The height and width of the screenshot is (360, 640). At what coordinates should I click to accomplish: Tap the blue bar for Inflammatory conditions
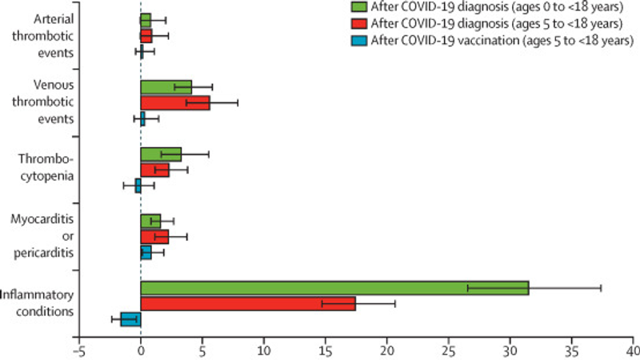[130, 319]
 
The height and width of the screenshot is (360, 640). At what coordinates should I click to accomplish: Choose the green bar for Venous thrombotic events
[166, 86]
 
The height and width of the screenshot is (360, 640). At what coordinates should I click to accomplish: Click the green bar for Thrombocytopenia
[161, 154]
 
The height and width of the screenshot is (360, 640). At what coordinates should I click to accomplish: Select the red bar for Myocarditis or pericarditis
[154, 237]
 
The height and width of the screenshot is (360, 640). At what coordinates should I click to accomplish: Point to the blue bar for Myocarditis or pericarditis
[146, 252]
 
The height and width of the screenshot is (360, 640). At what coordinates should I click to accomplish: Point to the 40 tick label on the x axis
[633, 350]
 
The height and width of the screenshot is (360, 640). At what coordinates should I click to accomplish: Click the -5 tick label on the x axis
[78, 350]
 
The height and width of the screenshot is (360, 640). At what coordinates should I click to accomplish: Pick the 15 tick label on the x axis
[325, 350]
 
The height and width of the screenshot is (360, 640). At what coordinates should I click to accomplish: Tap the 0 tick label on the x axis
[141, 350]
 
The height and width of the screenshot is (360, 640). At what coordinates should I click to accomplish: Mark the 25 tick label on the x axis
[448, 350]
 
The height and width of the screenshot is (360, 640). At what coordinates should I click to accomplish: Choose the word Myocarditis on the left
[48, 218]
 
